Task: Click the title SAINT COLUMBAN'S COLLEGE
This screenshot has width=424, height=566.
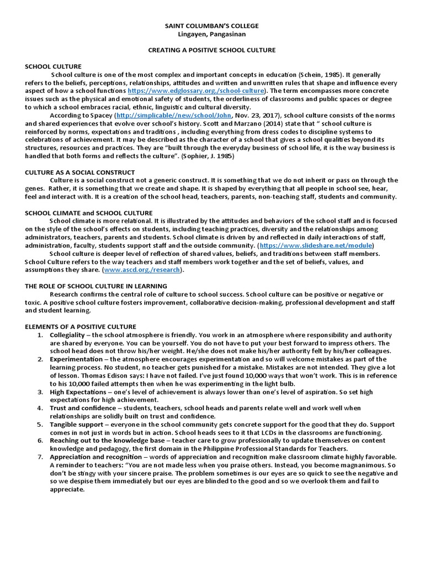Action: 211,26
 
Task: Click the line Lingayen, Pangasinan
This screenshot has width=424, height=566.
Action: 211,34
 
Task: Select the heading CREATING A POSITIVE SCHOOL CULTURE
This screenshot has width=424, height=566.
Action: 211,50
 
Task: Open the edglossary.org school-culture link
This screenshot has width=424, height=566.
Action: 196,91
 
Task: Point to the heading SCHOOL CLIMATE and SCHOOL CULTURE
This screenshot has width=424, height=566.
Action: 89,213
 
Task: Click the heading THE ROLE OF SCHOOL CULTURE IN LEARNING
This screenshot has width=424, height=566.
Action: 96,286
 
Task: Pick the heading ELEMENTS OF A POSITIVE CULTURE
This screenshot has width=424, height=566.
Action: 81,327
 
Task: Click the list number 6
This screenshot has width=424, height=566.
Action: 40,441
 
